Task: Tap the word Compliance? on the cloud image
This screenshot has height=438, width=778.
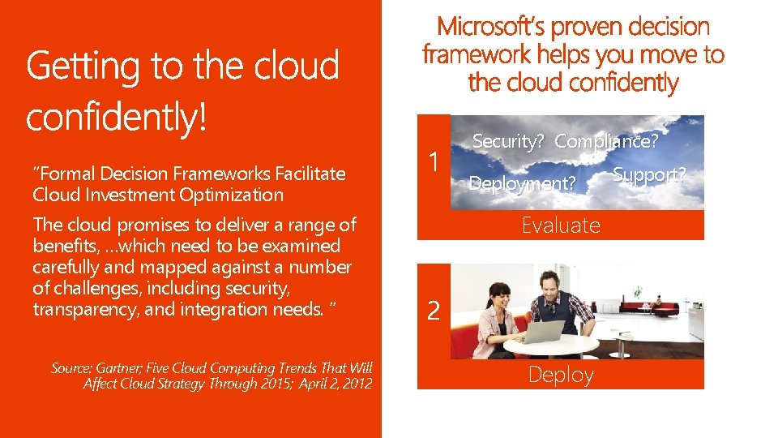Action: tap(606, 141)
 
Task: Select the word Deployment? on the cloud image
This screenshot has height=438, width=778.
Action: tap(522, 184)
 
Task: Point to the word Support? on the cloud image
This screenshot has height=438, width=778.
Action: tap(649, 174)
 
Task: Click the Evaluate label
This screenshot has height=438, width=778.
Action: tap(561, 225)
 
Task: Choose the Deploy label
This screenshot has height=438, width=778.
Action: tap(561, 375)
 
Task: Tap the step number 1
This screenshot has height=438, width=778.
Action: tap(434, 162)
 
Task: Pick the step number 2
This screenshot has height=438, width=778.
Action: tap(434, 311)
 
